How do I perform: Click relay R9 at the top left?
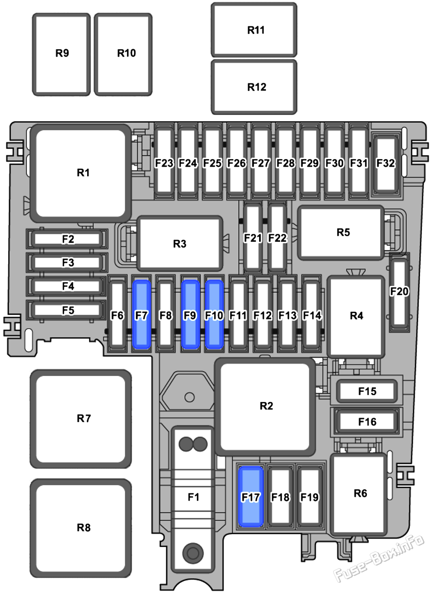pyautogui.click(x=61, y=54)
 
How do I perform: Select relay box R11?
pyautogui.click(x=254, y=30)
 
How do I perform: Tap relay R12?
pyautogui.click(x=254, y=87)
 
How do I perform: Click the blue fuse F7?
pyautogui.click(x=142, y=314)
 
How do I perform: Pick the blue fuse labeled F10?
pyautogui.click(x=214, y=314)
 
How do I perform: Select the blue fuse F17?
pyautogui.click(x=251, y=497)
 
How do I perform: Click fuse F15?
pyautogui.click(x=367, y=391)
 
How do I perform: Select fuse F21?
pyautogui.click(x=252, y=238)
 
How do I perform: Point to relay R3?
pyautogui.click(x=180, y=243)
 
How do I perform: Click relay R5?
pyautogui.click(x=341, y=232)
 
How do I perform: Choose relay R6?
pyautogui.click(x=359, y=494)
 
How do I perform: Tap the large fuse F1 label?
pyautogui.click(x=193, y=497)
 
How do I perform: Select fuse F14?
pyautogui.click(x=312, y=315)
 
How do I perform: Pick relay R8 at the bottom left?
pyautogui.click(x=81, y=528)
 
